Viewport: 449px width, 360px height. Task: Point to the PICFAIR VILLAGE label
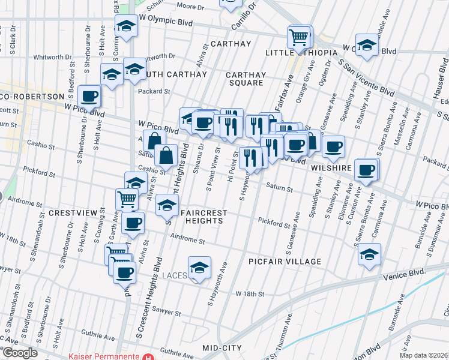pos(285,262)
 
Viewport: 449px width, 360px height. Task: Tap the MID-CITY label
pos(221,348)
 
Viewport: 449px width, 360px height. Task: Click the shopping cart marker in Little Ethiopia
pos(299,37)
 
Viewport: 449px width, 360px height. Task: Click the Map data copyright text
pos(424,355)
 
